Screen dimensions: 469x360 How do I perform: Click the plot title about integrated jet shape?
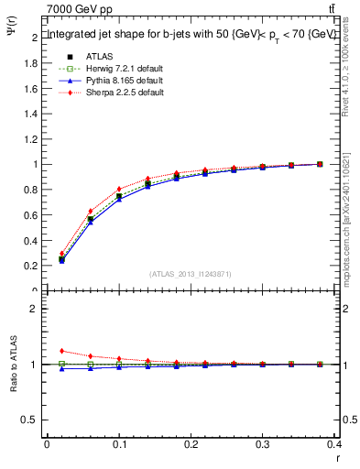click(191, 34)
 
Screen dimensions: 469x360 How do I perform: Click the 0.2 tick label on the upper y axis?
click(32, 266)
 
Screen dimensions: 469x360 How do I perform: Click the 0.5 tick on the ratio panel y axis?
click(32, 420)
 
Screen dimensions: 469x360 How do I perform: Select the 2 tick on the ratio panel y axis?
click(36, 309)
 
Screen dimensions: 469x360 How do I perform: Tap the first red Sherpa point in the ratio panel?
click(61, 351)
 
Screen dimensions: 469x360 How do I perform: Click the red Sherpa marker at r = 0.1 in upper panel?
click(119, 189)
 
